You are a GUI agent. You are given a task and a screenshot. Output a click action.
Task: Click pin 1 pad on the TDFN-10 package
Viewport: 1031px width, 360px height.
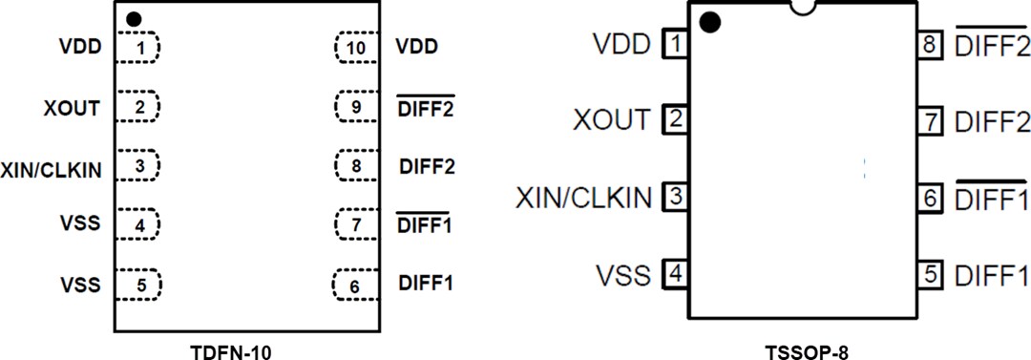(139, 46)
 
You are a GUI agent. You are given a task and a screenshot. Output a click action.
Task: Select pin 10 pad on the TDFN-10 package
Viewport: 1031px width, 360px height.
(356, 46)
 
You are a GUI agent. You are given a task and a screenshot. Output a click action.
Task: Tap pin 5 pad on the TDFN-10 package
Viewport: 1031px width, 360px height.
(139, 284)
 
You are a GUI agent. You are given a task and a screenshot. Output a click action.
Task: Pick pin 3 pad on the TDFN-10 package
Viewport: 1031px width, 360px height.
(139, 166)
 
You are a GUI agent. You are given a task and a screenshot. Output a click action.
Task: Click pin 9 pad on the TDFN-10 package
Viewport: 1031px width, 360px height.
(356, 106)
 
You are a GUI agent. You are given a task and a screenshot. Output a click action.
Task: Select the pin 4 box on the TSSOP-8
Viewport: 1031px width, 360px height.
(676, 275)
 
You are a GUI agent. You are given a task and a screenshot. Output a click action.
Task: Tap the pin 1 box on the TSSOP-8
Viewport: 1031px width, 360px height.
(676, 44)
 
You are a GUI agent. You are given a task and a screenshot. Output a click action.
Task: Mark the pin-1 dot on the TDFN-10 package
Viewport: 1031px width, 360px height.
(134, 18)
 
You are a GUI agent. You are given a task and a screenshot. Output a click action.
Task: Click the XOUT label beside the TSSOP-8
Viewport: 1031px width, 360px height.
(612, 120)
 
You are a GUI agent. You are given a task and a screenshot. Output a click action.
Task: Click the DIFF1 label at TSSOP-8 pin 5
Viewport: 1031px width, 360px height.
(992, 276)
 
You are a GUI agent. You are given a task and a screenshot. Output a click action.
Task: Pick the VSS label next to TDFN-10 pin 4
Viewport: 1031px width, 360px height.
(79, 225)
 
